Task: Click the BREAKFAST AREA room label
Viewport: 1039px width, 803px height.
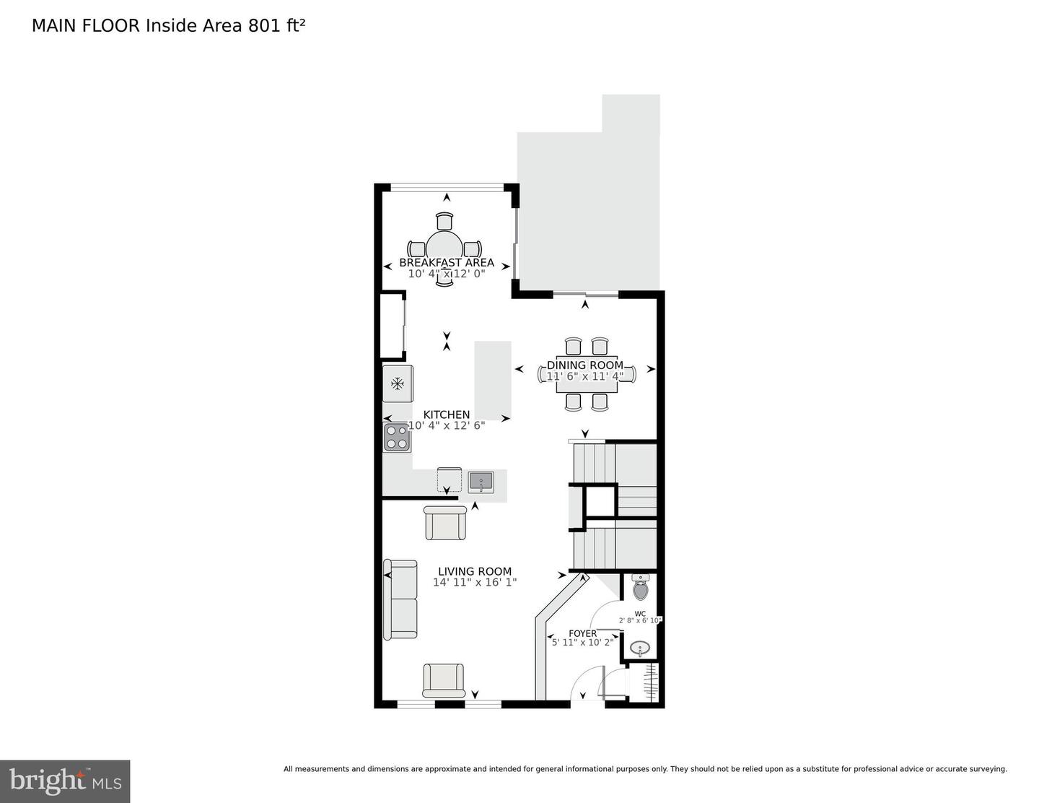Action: (447, 263)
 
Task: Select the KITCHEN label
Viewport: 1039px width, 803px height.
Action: (446, 414)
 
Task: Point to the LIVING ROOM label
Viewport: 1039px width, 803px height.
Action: (475, 571)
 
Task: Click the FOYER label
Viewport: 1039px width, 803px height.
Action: (582, 633)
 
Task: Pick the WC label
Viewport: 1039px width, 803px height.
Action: (640, 614)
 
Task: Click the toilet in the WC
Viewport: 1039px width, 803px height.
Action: (640, 589)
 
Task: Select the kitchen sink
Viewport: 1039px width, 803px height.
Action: (481, 481)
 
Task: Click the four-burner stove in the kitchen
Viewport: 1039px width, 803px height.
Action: (396, 437)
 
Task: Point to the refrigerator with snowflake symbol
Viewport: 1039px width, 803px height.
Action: (398, 383)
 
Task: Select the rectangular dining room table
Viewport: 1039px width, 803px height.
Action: (586, 376)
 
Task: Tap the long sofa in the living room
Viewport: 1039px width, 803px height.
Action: (400, 599)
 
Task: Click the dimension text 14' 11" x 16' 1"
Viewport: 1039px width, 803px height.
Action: (475, 582)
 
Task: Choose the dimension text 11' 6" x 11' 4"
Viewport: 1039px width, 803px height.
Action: (584, 376)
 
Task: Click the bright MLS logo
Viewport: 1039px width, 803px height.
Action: (65, 781)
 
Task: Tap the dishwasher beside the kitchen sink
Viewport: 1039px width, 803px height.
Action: (449, 480)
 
